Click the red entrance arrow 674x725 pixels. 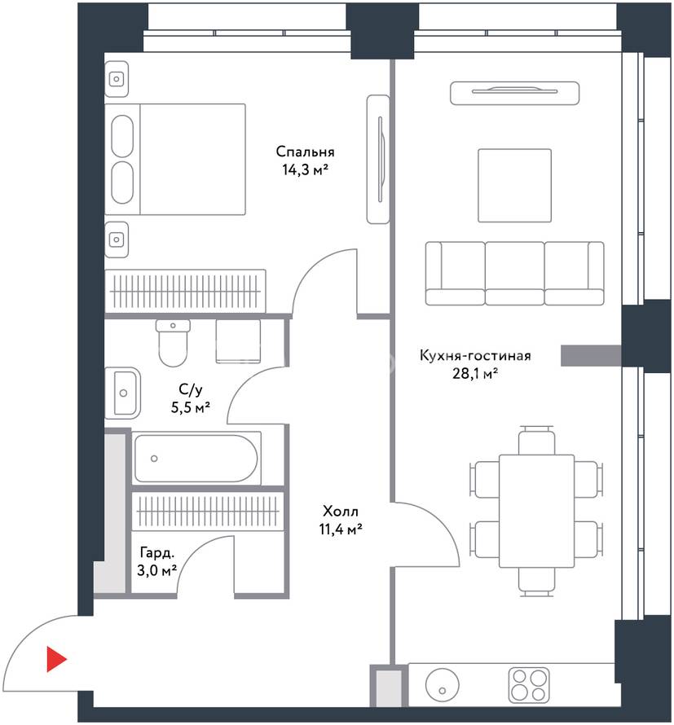[56, 659]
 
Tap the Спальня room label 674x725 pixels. [305, 152]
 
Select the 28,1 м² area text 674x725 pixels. [474, 373]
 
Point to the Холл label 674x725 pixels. [341, 512]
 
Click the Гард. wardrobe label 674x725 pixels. [157, 552]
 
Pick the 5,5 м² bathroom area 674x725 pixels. [191, 407]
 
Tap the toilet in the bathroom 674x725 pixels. [173, 342]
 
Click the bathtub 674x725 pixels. [196, 458]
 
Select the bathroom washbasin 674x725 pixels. [122, 393]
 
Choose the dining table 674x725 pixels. [536, 511]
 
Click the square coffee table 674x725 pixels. [514, 186]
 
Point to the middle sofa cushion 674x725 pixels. [514, 273]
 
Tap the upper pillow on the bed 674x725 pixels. [122, 136]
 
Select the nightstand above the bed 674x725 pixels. [116, 79]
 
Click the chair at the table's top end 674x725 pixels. [536, 440]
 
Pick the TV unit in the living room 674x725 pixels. [514, 93]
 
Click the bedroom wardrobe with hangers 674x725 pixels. [185, 292]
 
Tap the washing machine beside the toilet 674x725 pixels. [238, 341]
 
